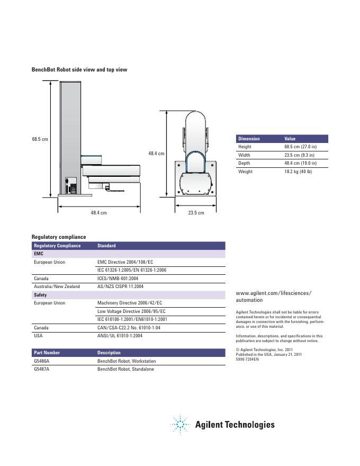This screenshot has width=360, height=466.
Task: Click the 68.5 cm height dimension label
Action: coord(40,139)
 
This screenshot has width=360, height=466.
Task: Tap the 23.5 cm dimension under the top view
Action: coord(196,213)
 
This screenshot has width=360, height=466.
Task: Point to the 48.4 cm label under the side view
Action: coord(98,213)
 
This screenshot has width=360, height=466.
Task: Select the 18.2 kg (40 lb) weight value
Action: coord(298,172)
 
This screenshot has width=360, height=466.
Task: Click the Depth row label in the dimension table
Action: coord(244,163)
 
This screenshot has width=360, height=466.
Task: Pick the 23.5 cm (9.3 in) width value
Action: coord(299,155)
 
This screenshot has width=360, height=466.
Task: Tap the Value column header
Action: coord(290,139)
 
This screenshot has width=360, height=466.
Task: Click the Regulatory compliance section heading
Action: coord(59,237)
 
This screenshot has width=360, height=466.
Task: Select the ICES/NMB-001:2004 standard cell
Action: coord(118,278)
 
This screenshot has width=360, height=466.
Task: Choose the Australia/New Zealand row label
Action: coord(57,286)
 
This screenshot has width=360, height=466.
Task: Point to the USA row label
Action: coord(38,336)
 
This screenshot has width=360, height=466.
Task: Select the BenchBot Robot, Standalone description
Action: coord(125,369)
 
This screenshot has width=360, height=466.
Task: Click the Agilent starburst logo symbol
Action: coord(180,424)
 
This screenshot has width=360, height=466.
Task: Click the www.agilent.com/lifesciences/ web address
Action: coord(273,293)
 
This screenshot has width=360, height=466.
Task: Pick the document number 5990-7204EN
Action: coord(247,359)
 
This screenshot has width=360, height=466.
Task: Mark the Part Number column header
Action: coord(47,353)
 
